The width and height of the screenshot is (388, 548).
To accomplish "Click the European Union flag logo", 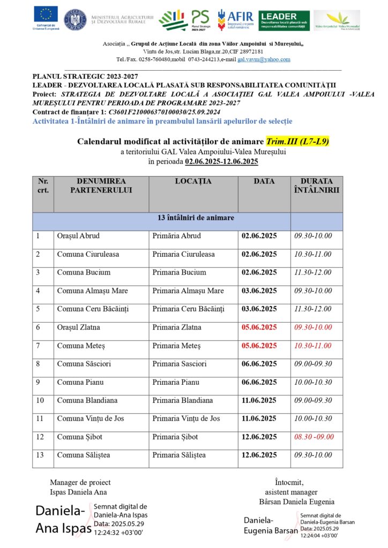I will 46,17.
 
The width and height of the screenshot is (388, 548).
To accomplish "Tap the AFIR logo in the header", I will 236,20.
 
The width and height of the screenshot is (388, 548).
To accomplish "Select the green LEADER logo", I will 283,20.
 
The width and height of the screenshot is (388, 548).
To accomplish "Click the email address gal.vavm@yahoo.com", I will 264,59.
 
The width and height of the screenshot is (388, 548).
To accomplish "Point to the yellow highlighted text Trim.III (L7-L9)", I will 297,142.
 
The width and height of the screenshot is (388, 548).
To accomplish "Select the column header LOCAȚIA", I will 193,181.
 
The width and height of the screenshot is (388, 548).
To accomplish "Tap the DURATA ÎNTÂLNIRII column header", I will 317,185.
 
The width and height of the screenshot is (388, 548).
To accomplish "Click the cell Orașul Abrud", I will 78,236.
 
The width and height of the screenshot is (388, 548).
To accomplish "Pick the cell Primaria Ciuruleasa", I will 183,254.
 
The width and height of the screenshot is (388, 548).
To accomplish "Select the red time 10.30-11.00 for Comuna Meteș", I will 313,346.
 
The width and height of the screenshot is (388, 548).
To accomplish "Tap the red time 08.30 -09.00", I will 314,437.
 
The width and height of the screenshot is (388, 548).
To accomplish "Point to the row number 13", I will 39,455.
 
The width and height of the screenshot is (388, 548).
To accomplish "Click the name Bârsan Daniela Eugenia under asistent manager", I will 296,501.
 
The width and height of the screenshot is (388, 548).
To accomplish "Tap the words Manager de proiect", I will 80,482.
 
